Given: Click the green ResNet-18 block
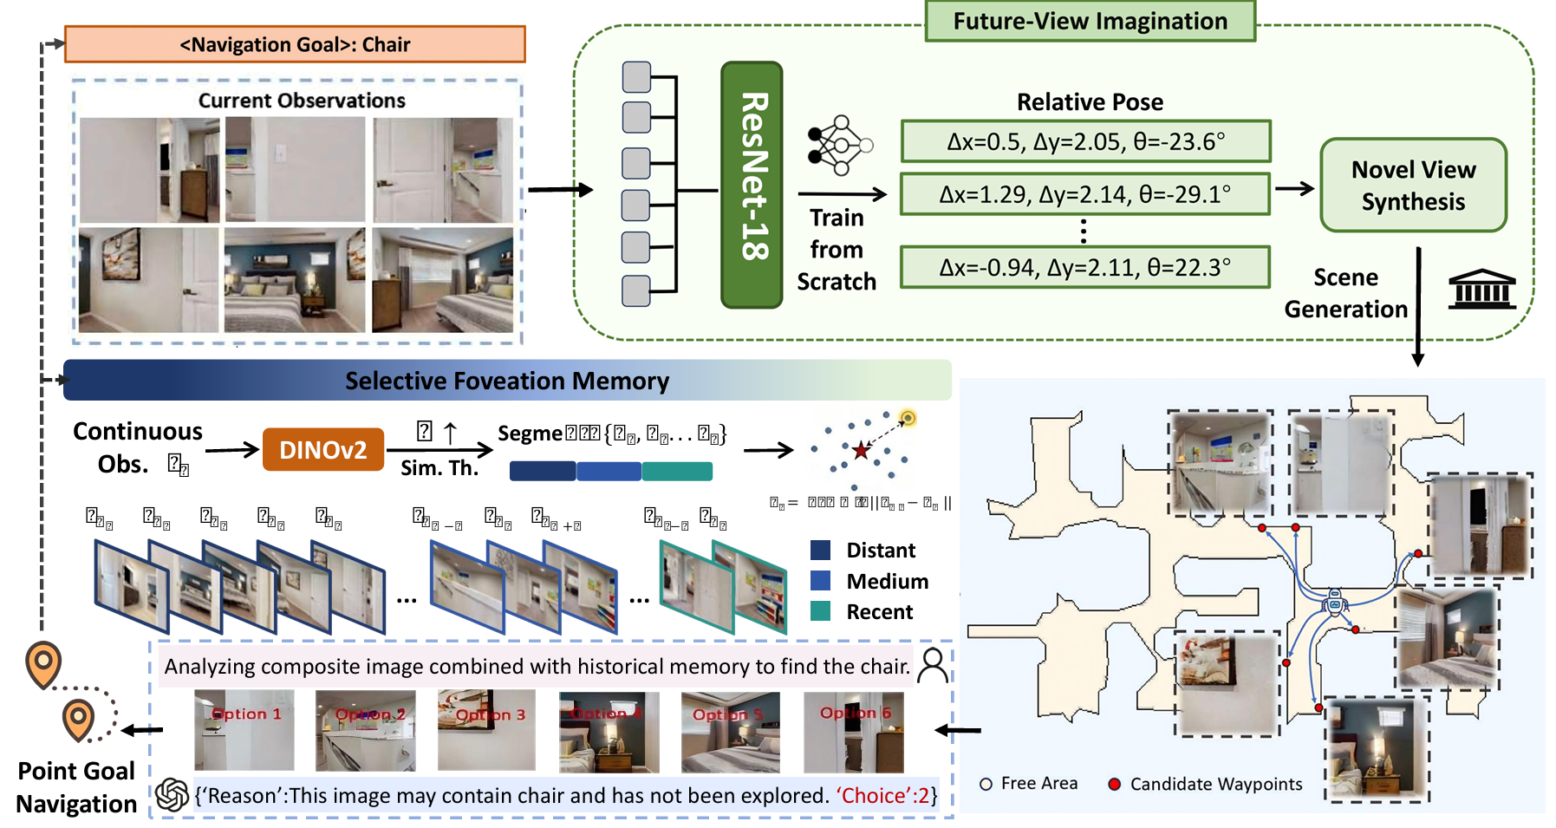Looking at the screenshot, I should [x=752, y=185].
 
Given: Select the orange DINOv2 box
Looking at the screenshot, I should [x=322, y=449].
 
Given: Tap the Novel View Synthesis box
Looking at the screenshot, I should [x=1413, y=186].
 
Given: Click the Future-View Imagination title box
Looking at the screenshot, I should [x=1090, y=22].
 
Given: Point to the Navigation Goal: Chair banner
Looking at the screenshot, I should [x=295, y=44].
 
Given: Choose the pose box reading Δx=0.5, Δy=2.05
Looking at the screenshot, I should [x=1085, y=141].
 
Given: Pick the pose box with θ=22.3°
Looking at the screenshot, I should [x=1085, y=267].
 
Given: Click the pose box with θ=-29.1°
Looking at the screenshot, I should [x=1085, y=194].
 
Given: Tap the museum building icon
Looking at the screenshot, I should [x=1481, y=289].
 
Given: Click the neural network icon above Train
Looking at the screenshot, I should [x=838, y=145].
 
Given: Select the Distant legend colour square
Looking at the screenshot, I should [x=820, y=550].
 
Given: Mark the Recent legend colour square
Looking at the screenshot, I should [x=820, y=611].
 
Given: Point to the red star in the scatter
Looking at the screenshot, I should [x=861, y=450].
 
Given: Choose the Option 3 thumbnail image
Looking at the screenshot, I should [x=486, y=730].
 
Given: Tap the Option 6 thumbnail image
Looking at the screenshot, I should [x=853, y=732].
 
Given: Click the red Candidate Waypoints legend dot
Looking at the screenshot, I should [x=1114, y=784].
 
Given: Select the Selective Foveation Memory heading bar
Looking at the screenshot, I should [x=507, y=381].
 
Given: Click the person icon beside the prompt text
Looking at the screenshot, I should [x=934, y=665].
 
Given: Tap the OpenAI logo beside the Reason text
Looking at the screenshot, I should [x=173, y=794].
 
